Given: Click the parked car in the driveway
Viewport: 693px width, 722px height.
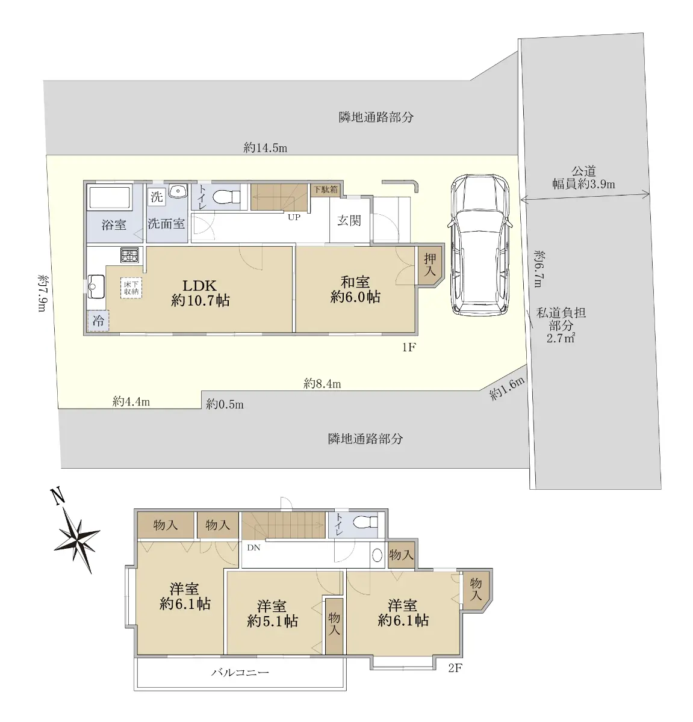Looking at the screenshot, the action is click(x=480, y=245).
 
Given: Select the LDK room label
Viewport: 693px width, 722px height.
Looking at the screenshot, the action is click(x=200, y=292).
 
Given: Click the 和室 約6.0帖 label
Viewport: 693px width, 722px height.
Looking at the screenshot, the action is click(x=355, y=289).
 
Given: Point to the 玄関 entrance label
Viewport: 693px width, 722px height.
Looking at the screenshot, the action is click(x=349, y=220).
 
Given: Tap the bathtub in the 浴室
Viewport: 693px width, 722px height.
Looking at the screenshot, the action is click(x=109, y=197).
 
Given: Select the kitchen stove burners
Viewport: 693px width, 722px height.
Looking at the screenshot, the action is click(x=129, y=256).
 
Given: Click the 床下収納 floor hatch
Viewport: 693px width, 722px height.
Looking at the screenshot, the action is click(x=131, y=288).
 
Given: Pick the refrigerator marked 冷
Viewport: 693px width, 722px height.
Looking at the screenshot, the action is click(x=98, y=320).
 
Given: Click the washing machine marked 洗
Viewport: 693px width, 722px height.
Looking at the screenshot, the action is click(x=157, y=197).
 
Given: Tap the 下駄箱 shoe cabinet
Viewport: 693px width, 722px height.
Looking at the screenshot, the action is click(x=326, y=190).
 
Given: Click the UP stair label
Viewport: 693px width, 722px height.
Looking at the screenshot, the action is click(x=294, y=217).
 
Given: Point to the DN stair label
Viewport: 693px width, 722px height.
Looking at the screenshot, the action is click(x=253, y=548).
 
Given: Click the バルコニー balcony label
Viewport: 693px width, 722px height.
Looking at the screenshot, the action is click(x=240, y=672).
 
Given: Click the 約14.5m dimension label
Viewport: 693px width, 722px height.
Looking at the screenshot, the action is click(x=266, y=148).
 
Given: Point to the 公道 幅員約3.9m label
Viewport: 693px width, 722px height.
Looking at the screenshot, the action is click(x=584, y=177).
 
